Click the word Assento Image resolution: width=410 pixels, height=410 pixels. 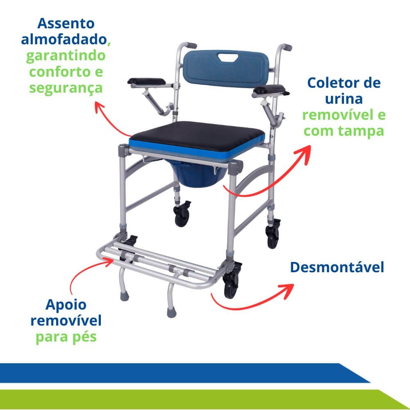[x=66, y=23]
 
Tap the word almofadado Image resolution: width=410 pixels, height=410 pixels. [x=64, y=39]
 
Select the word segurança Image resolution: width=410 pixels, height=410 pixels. [x=66, y=88]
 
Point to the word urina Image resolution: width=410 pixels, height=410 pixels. [x=344, y=99]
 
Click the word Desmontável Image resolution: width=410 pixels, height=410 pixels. [x=337, y=267]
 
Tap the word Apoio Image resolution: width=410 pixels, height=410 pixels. [x=66, y=305]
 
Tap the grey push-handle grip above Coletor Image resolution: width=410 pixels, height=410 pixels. [x=286, y=47]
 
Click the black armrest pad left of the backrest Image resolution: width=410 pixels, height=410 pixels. [x=146, y=82]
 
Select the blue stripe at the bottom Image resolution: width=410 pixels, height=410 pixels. [x=183, y=373]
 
